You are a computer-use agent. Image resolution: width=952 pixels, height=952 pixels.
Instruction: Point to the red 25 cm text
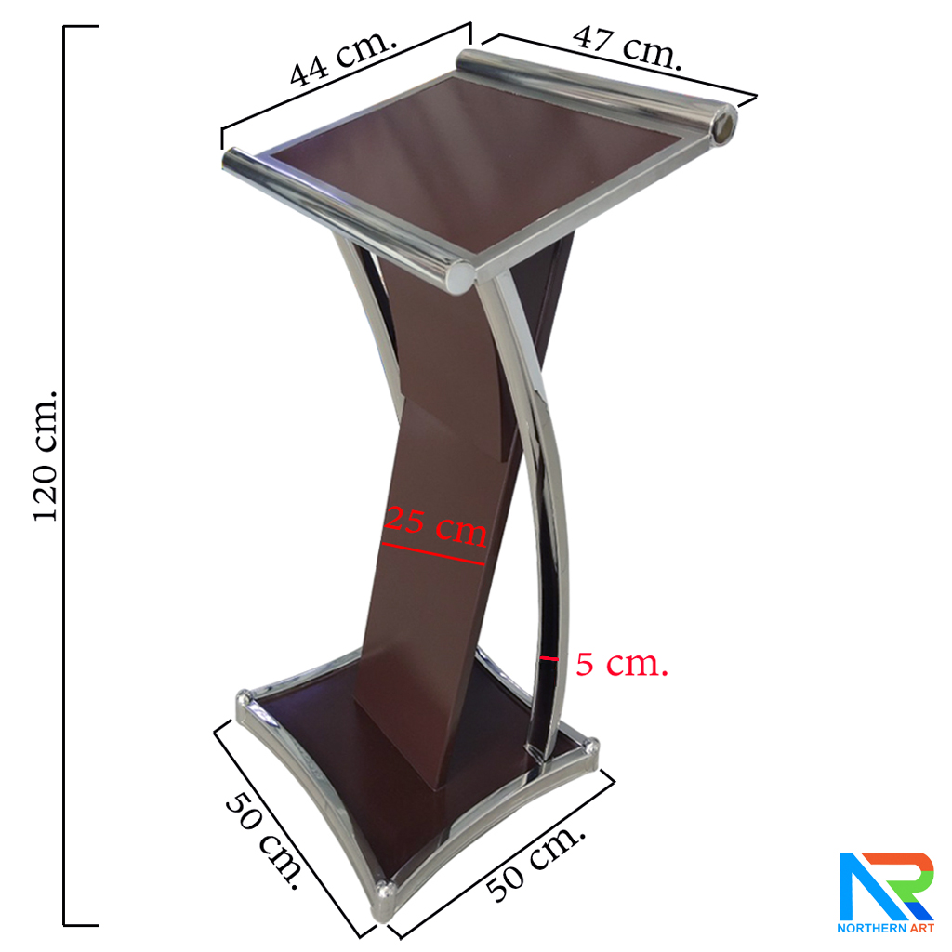point(436,525)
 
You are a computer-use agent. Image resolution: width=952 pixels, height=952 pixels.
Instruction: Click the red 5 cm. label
point(621,664)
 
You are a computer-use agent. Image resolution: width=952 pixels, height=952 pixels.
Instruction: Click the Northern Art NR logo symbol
point(885,886)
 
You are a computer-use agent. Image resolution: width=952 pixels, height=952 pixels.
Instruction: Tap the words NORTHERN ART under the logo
point(885,928)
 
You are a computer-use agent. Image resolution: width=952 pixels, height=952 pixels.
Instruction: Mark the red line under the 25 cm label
point(433,554)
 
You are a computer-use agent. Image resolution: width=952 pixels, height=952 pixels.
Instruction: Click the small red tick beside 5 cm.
point(549,658)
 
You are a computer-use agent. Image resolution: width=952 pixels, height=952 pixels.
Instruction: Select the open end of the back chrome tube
point(722,126)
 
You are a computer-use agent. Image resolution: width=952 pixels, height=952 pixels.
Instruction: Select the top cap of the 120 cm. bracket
point(82,27)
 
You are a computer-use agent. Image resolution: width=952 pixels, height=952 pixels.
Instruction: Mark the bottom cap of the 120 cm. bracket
point(82,925)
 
